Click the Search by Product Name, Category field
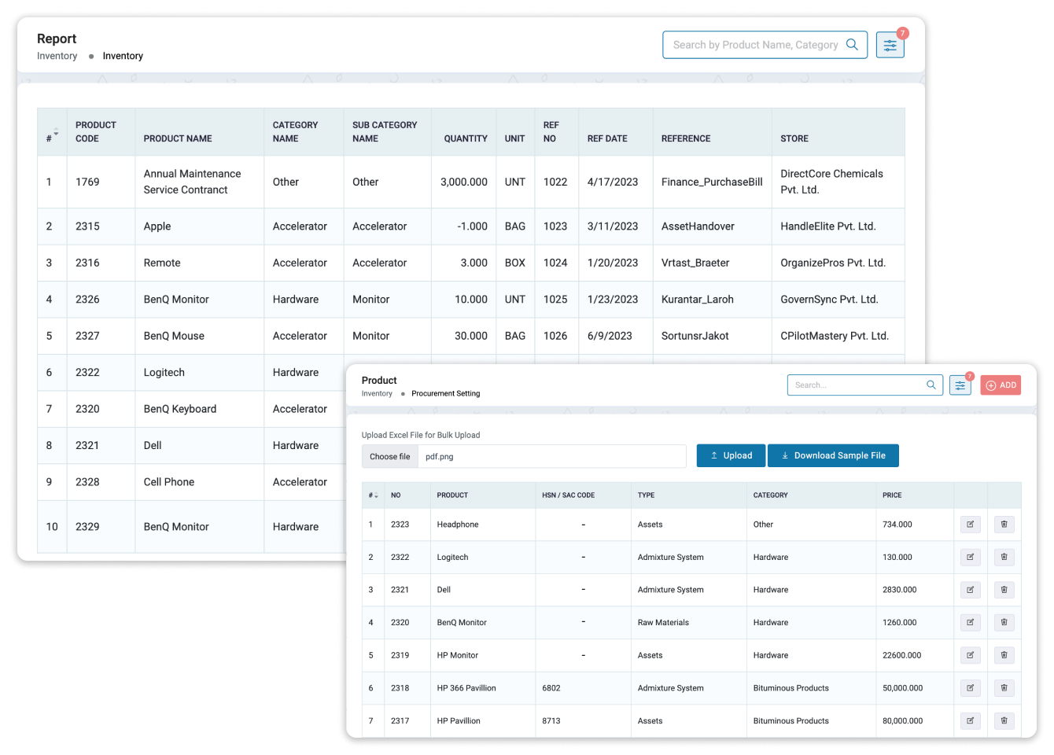point(755,45)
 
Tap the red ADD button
point(1001,385)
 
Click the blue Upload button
point(731,455)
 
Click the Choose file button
point(389,456)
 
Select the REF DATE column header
point(607,138)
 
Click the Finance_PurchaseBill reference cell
point(712,182)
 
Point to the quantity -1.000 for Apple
point(472,226)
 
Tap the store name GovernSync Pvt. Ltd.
point(829,300)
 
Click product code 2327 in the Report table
point(87,336)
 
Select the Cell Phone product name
point(169,482)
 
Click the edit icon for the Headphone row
point(971,525)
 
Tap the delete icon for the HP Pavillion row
point(1004,720)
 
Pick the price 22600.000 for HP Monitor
point(901,655)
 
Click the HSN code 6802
point(551,688)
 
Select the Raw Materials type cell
point(663,623)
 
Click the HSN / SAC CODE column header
point(568,495)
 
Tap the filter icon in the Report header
point(890,46)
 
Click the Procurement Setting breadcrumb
point(445,393)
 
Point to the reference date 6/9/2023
point(610,336)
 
